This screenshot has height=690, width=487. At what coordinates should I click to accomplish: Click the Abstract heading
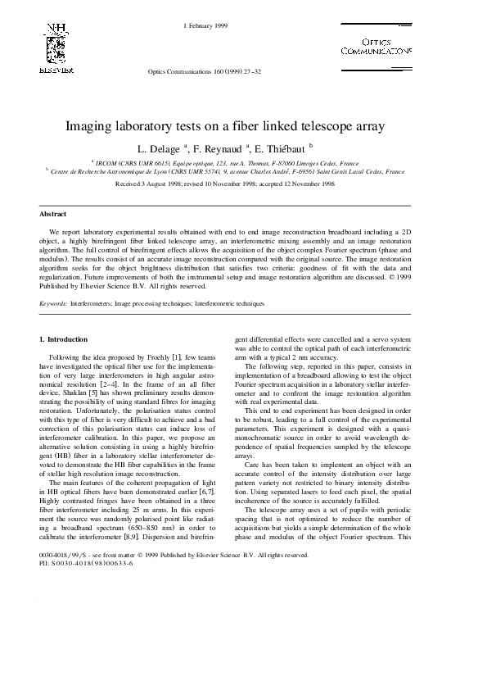click(53, 213)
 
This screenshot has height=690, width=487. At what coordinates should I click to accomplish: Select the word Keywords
click(53, 303)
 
